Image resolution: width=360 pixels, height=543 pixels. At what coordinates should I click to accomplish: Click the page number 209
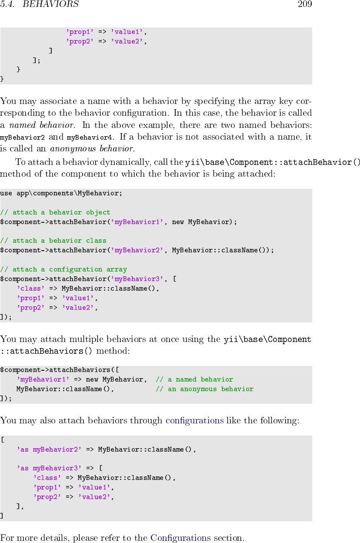point(305,5)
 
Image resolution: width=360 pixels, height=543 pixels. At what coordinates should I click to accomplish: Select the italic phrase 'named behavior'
point(41,126)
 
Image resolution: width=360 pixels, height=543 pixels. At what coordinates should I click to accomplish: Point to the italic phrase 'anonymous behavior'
point(91,149)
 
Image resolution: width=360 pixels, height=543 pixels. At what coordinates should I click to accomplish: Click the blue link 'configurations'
point(195,420)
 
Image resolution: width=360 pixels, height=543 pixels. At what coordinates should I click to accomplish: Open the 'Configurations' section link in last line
point(180,538)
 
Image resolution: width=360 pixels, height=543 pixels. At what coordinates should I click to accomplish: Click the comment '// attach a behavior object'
point(55,212)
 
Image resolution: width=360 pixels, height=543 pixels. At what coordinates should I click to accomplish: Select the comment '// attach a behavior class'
point(53,241)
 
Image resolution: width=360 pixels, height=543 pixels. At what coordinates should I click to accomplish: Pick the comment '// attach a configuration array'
point(63,269)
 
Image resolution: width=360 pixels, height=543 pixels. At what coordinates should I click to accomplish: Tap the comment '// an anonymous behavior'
point(204,389)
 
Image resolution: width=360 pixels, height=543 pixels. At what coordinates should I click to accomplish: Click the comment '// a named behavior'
point(194,379)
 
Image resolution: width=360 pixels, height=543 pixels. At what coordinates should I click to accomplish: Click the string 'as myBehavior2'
point(49,449)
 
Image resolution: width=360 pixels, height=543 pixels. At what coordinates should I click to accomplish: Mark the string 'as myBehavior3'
point(49,468)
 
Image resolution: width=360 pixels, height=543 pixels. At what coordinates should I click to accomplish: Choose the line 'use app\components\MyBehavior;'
point(61,193)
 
